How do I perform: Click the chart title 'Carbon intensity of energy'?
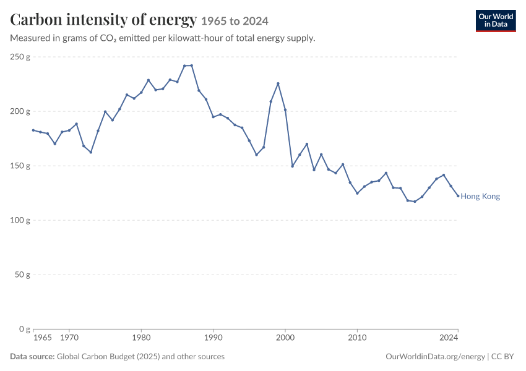[103, 20]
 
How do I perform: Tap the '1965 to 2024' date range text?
[235, 21]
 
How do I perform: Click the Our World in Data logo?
[496, 21]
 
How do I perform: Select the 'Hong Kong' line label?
[480, 197]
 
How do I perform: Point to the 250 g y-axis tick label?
[20, 57]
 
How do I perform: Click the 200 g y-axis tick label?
[20, 111]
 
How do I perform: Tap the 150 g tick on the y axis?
[20, 166]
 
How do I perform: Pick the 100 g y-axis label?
[20, 220]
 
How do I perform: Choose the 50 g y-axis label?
[22, 275]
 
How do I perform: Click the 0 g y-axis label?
[25, 329]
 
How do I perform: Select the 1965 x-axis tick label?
[43, 338]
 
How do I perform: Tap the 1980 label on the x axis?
[141, 338]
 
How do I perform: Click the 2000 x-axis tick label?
[285, 338]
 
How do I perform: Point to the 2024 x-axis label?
[449, 338]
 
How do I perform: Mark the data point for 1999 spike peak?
[278, 83]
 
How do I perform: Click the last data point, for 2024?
[458, 196]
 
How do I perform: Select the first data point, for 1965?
[33, 130]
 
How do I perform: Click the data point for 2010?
[357, 194]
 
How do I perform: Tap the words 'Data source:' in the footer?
[32, 357]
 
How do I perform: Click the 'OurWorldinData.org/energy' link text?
[435, 357]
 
